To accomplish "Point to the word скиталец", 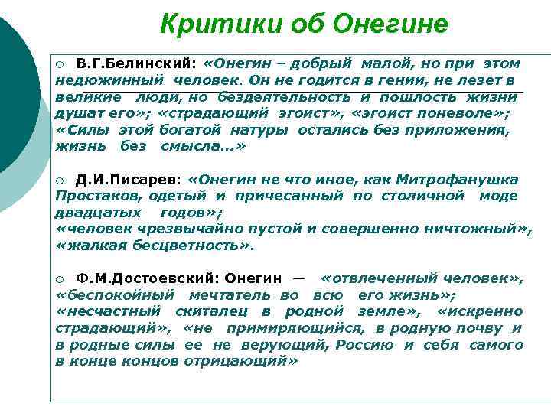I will click(217, 311).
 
